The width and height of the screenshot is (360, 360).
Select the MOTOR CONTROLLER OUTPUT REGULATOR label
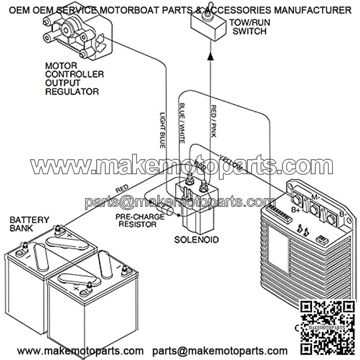(74, 79)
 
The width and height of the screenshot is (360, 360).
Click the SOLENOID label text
(197, 239)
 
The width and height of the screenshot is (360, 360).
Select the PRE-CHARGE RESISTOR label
(139, 220)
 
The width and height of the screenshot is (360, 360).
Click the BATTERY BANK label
(29, 224)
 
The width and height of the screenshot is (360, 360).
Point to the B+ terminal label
(296, 210)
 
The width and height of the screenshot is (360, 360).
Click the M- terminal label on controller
(315, 197)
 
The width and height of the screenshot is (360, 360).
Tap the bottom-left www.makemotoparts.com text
(81, 351)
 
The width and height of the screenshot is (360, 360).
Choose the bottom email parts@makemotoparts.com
(220, 351)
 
